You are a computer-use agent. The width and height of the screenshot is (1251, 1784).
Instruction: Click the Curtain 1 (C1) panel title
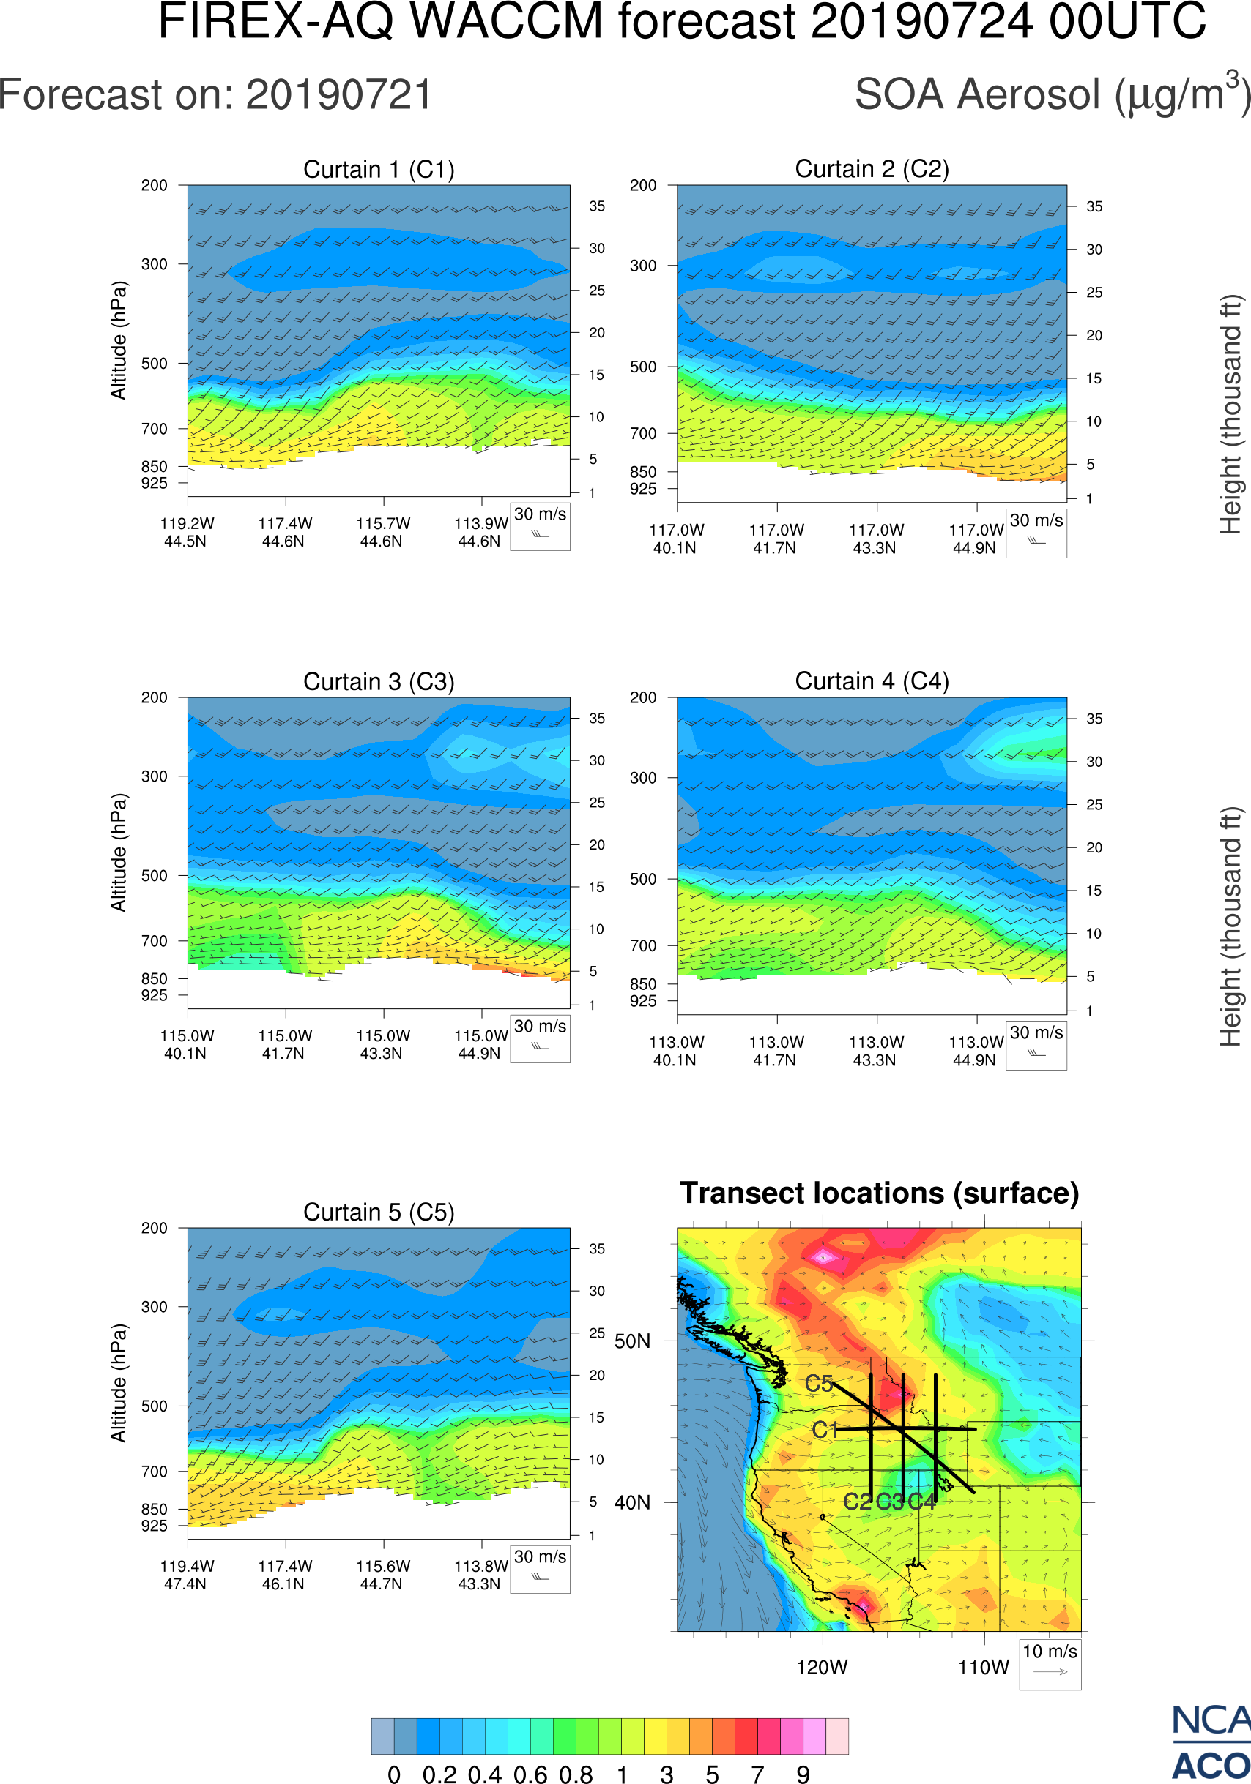(379, 169)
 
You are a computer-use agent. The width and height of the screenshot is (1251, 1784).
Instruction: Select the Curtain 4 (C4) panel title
(872, 681)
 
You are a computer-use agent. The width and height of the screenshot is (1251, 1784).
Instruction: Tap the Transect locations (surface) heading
(880, 1193)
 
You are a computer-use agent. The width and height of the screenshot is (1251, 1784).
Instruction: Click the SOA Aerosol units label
(1053, 95)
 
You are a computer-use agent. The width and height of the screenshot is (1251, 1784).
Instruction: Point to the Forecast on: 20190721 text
(215, 95)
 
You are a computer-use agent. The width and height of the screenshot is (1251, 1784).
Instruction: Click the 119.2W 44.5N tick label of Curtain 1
(187, 532)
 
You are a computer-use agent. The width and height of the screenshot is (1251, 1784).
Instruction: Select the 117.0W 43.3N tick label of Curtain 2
(875, 539)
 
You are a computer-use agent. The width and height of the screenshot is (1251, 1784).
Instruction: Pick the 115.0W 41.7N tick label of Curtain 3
(285, 1044)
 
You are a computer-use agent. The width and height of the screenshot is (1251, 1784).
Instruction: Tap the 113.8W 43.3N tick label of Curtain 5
(480, 1575)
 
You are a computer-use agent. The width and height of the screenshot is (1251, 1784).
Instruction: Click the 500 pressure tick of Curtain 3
(154, 876)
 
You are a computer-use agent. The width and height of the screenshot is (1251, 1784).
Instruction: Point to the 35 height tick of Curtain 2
(1094, 206)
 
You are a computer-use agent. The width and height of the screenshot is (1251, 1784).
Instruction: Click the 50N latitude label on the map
(632, 1342)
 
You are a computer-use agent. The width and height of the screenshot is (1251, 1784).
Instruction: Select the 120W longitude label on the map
(822, 1668)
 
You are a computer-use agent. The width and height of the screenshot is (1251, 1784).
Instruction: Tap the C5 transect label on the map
(819, 1384)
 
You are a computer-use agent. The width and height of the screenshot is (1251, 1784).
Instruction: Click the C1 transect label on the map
(825, 1430)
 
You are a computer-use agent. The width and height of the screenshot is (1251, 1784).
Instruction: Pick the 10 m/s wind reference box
(1050, 1663)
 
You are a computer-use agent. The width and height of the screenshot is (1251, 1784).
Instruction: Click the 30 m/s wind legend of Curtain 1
(540, 525)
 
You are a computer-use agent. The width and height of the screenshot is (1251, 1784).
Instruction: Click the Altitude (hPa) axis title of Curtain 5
(118, 1383)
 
